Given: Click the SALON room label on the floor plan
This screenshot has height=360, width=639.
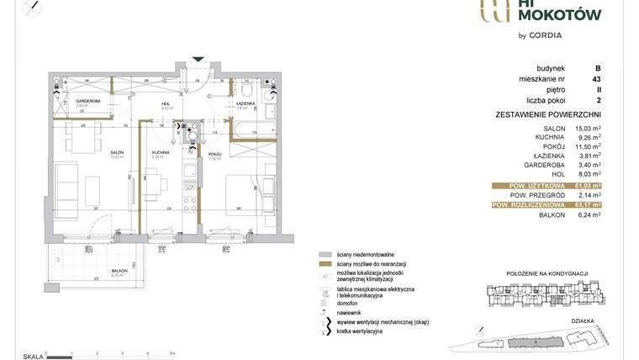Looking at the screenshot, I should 118,152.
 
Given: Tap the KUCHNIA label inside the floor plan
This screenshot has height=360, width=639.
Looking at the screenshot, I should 161,152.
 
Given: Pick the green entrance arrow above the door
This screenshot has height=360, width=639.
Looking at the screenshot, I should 198,59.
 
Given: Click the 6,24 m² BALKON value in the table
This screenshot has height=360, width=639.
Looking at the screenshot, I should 584,215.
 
